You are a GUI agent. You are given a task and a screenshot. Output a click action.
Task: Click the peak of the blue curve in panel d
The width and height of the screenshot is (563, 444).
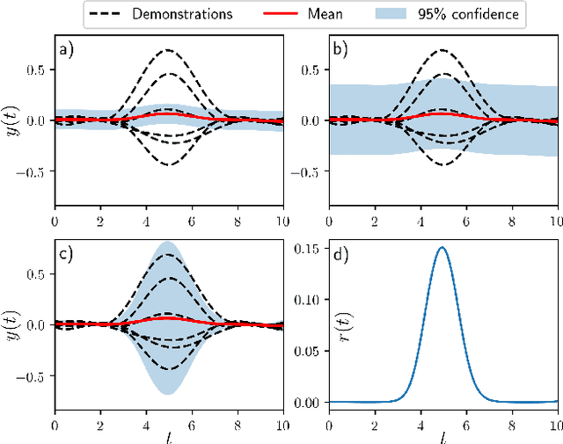pos(442,248)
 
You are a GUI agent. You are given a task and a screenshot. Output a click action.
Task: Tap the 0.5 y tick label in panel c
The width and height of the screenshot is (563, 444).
pos(37,273)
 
